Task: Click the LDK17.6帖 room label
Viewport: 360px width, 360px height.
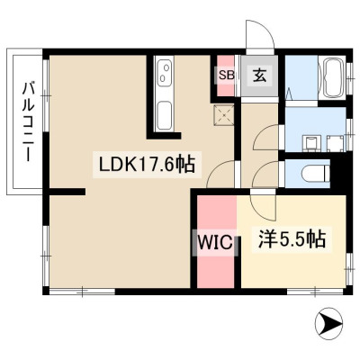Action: pyautogui.click(x=147, y=165)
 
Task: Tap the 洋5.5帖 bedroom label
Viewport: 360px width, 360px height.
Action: pyautogui.click(x=292, y=239)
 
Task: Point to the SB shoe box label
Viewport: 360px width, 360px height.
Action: pyautogui.click(x=227, y=75)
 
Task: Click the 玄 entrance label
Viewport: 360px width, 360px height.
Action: pyautogui.click(x=260, y=76)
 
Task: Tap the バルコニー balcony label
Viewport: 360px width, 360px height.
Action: pyautogui.click(x=29, y=122)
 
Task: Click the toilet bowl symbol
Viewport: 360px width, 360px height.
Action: pyautogui.click(x=316, y=175)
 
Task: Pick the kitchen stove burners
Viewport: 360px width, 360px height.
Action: pyautogui.click(x=165, y=74)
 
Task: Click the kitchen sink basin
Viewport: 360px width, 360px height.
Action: pyautogui.click(x=165, y=116)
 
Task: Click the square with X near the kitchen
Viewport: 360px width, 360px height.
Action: pyautogui.click(x=223, y=114)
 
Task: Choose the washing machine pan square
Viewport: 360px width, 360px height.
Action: pyautogui.click(x=336, y=143)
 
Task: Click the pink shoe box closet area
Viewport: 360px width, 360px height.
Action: pyautogui.click(x=225, y=76)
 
